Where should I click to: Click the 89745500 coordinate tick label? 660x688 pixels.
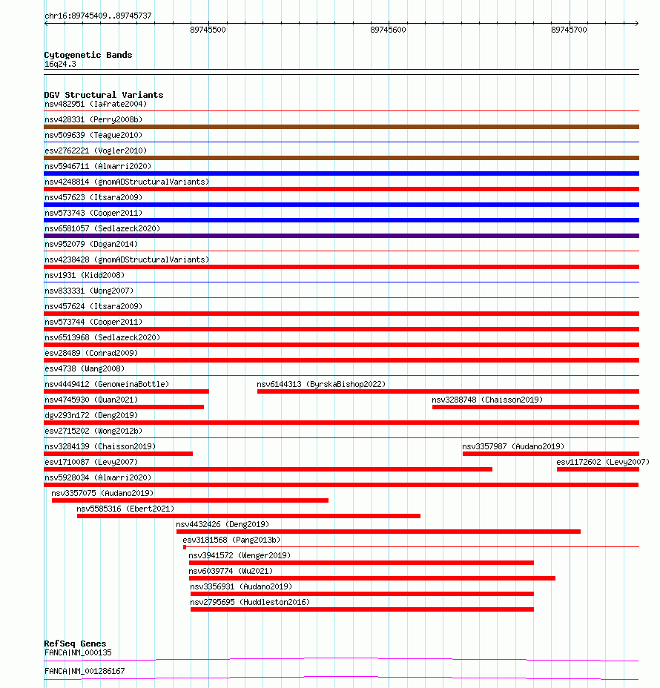click(208, 30)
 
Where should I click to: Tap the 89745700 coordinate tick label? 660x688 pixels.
click(569, 30)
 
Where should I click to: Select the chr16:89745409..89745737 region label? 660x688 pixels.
click(98, 16)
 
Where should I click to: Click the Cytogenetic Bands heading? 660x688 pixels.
click(88, 55)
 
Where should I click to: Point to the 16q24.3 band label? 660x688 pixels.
click(60, 64)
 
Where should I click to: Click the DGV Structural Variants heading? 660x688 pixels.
click(104, 95)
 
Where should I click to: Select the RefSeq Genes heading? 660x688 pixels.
click(75, 644)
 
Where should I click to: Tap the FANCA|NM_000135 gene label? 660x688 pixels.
click(78, 652)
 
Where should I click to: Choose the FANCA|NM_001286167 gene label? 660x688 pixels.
click(85, 671)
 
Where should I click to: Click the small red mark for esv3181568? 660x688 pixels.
click(185, 547)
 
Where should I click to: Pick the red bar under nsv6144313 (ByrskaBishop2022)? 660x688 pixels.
click(448, 391)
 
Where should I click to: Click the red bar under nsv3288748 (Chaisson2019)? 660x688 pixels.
click(535, 407)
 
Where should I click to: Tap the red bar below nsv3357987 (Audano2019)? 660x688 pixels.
click(550, 454)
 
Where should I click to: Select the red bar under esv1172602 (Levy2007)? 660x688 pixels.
click(598, 469)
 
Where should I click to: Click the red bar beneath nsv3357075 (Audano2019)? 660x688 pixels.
click(190, 500)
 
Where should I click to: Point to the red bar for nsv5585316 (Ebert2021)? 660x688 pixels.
click(248, 516)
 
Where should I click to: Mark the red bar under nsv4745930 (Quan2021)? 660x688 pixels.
click(124, 407)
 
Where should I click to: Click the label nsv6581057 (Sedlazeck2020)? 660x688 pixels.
click(102, 228)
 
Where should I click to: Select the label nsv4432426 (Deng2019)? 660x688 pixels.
click(222, 524)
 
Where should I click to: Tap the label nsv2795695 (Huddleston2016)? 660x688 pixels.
click(250, 602)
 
